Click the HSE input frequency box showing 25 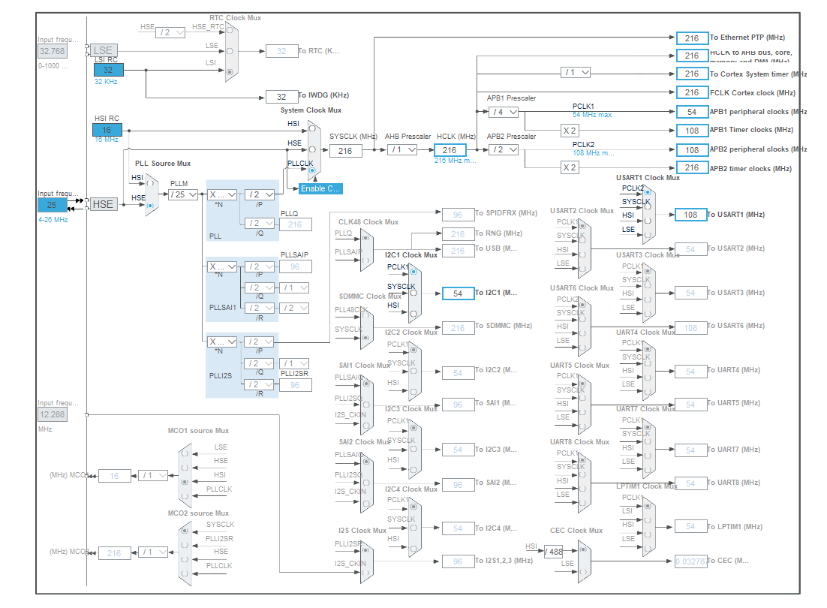coord(53,204)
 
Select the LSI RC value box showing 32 coord(108,70)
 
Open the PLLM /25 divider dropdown coord(183,194)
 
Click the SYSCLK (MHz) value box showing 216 coord(345,150)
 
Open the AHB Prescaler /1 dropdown coord(402,150)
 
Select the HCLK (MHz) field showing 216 coord(450,150)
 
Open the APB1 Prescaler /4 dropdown coord(503,112)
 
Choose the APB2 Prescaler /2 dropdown coord(503,149)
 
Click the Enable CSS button coord(320,188)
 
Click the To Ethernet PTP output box coord(691,38)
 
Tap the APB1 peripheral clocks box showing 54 coord(691,112)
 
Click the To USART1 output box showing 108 coord(691,215)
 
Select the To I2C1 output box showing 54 coord(458,293)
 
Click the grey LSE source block coord(103,50)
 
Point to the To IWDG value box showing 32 coord(281,97)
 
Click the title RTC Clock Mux coord(235,17)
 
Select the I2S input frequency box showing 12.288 coord(53,414)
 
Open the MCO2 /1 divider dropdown coord(154,552)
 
